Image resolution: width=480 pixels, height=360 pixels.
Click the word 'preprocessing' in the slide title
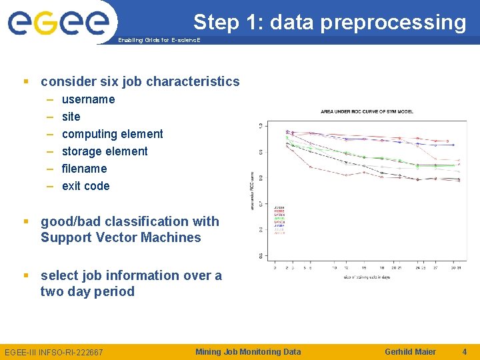point(393,23)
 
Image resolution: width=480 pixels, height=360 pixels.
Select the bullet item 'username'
point(88,99)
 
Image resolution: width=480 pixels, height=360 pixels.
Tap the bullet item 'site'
point(71,117)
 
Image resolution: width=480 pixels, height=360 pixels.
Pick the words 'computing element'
point(112,134)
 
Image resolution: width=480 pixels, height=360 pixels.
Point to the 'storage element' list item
point(105,151)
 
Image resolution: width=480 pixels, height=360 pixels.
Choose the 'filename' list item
point(84,169)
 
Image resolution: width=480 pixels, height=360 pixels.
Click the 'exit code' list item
point(85,186)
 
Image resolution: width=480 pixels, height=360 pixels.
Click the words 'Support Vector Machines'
point(121,238)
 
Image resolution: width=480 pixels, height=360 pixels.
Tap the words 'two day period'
point(87,291)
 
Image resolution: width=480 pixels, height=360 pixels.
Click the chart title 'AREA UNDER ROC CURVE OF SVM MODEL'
point(363,111)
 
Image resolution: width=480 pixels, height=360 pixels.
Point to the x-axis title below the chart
point(367,276)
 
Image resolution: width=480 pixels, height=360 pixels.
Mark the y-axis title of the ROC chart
point(251,191)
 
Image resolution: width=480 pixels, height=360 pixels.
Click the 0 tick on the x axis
point(275,268)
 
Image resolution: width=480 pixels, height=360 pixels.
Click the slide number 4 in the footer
point(465,351)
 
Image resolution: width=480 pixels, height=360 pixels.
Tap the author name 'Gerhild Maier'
point(410,351)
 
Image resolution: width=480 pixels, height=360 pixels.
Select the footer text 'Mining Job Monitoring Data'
point(248,351)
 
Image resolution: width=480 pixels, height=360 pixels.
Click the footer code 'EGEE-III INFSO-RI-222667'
point(54,352)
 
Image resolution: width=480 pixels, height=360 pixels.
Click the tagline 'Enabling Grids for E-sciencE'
point(159,40)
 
